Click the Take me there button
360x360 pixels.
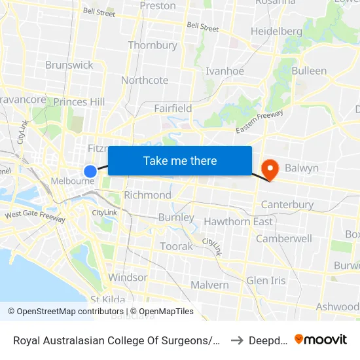pos(180,161)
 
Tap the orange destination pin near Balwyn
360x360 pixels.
pos(270,169)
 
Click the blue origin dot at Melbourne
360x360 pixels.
pos(90,171)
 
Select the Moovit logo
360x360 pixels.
pos(321,340)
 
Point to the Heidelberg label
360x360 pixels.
pos(276,31)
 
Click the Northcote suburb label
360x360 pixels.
pos(145,81)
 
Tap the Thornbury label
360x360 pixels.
pos(153,45)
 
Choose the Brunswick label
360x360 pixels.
pos(69,65)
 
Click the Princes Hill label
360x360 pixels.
pos(79,102)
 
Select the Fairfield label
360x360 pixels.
pos(173,108)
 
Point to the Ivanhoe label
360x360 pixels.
pos(225,71)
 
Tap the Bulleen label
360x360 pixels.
pos(309,71)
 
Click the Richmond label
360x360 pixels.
pos(147,195)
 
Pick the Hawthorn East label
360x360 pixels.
pos(238,222)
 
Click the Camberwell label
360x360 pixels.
pos(283,239)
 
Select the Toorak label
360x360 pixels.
pos(177,247)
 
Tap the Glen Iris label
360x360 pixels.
pos(266,281)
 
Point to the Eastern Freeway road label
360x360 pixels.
pos(260,122)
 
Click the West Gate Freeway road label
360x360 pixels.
pos(35,215)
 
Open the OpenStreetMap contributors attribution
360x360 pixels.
pos(65,312)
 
